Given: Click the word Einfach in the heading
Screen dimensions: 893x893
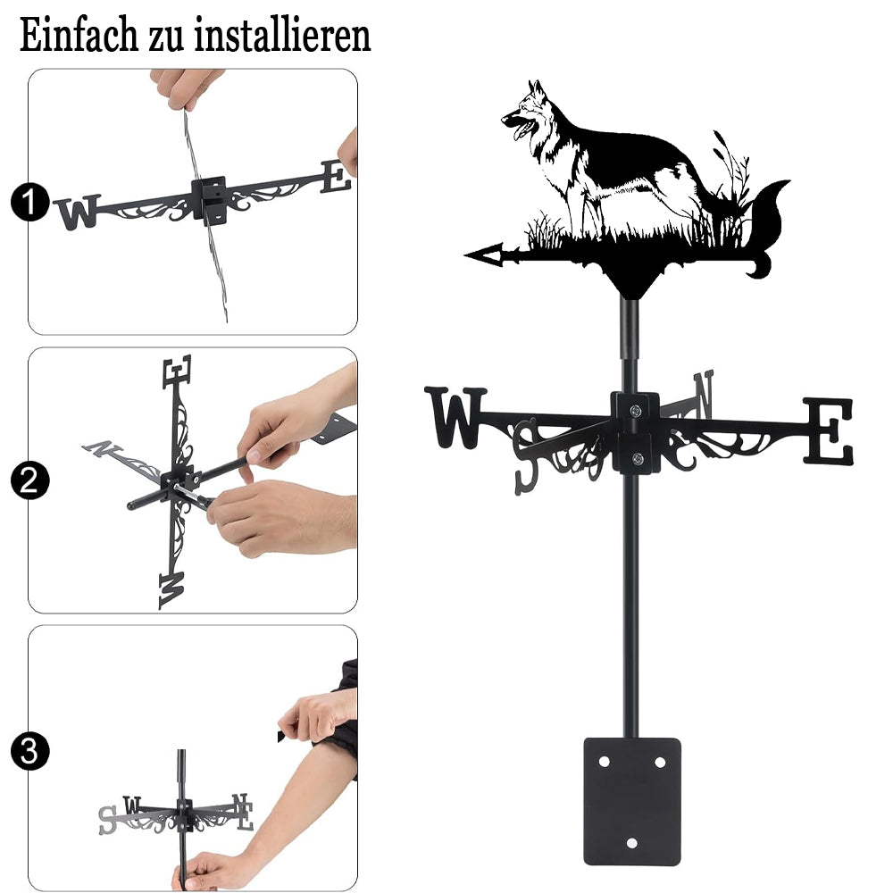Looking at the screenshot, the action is (79, 35).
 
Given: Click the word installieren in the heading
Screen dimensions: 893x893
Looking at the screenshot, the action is (282, 35).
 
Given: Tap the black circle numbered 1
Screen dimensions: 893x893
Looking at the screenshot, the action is (29, 202).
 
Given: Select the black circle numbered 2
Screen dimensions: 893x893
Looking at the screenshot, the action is (29, 480).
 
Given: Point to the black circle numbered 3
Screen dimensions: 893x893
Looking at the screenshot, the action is (29, 751).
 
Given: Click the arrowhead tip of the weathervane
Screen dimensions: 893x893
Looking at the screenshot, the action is (465, 255).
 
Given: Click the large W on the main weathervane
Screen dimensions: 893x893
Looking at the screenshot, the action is (455, 417).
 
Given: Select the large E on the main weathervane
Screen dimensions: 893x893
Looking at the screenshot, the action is (829, 430).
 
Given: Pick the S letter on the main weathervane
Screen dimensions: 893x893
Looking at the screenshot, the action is (526, 455).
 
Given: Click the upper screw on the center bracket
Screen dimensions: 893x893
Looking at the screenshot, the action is (636, 410).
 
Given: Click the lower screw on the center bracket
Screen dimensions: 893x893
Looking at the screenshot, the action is (638, 458).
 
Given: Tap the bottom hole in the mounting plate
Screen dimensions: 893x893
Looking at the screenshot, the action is (631, 843).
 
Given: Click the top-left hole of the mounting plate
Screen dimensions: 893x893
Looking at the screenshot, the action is (605, 762).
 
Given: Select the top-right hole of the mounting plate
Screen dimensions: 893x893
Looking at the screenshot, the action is (660, 762).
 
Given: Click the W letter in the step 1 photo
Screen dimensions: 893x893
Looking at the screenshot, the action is (78, 212).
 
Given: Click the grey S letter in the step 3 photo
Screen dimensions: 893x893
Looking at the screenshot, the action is (107, 820).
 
